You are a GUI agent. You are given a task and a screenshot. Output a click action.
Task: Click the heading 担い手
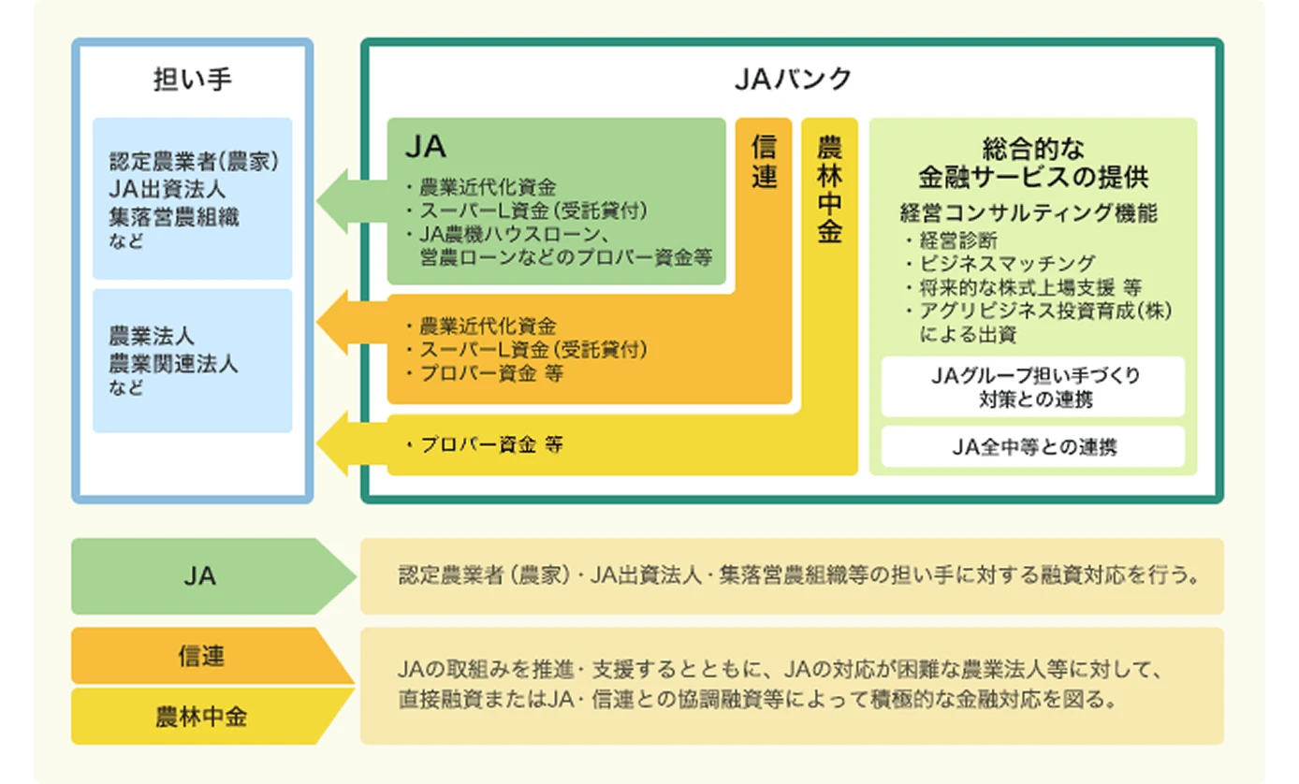[192, 80]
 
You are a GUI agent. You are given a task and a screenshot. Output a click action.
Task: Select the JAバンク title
[792, 80]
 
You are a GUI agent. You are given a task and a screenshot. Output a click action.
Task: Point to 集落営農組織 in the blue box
[174, 217]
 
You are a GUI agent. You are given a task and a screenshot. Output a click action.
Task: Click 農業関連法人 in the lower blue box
[174, 363]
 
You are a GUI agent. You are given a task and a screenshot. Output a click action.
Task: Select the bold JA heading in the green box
[425, 147]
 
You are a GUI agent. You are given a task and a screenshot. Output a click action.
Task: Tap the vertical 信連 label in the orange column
[765, 162]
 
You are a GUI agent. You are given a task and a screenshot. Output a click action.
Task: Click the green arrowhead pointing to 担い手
[335, 200]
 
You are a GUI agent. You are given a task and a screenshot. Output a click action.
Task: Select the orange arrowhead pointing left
[335, 324]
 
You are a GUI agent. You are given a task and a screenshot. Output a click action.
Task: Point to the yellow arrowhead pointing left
[335, 445]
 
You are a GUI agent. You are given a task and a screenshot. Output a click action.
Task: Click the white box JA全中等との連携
[1033, 447]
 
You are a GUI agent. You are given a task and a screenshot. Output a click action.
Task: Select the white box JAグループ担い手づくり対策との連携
[1033, 386]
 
